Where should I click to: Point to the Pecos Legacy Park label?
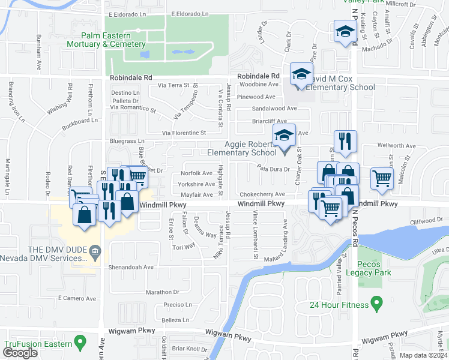374,268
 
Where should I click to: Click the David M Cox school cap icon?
301,74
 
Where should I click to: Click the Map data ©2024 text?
423,355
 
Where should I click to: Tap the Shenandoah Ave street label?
131,267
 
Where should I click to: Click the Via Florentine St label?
184,133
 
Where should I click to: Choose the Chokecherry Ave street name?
262,194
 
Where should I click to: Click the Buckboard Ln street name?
79,125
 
